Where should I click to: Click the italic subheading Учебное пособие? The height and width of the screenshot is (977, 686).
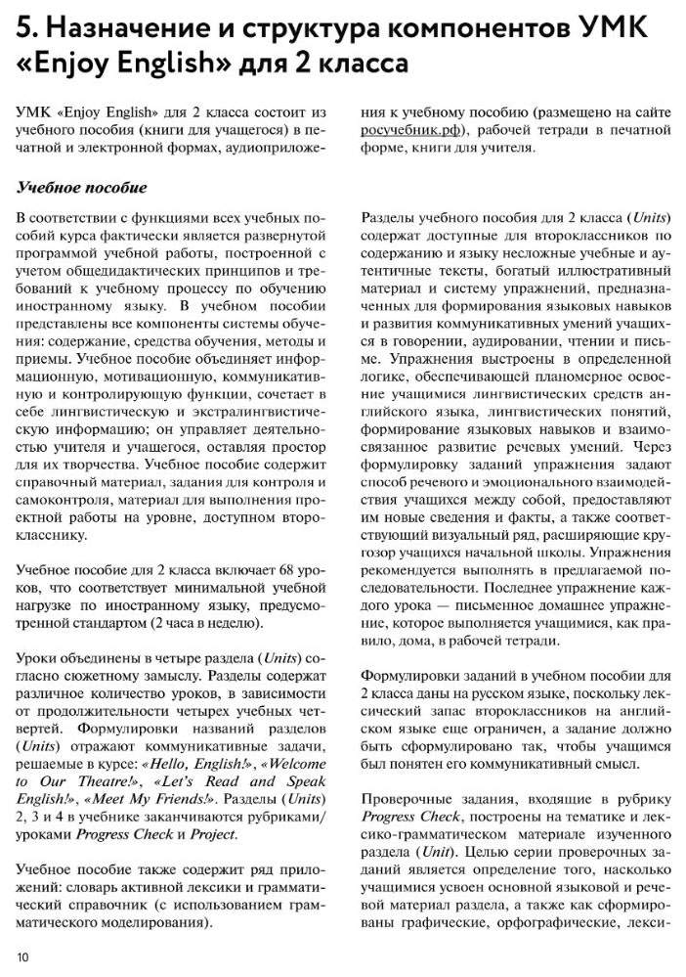(82, 188)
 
